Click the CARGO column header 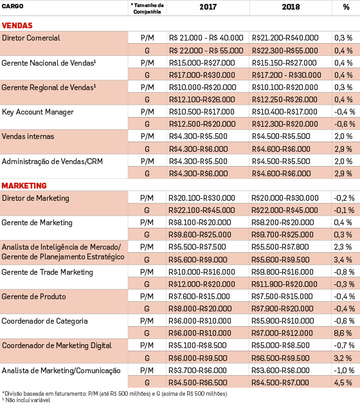point(12,6)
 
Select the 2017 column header point(208,7)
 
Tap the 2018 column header point(291,7)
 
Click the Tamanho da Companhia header point(147,8)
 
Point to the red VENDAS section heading point(17,25)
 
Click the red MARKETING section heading point(24,185)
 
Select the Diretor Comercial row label point(31,38)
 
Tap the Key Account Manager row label point(37,112)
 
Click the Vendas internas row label point(28,136)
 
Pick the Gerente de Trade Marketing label point(48,272)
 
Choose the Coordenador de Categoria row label point(44,321)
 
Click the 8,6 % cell point(343,333)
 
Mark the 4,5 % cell point(343,382)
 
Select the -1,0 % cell point(344,370)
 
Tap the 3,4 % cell point(343,260)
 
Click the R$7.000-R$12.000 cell point(282,333)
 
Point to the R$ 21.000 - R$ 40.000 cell point(206,38)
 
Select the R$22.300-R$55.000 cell point(285,51)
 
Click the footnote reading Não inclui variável point(26,400)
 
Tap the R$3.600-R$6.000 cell point(280,370)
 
